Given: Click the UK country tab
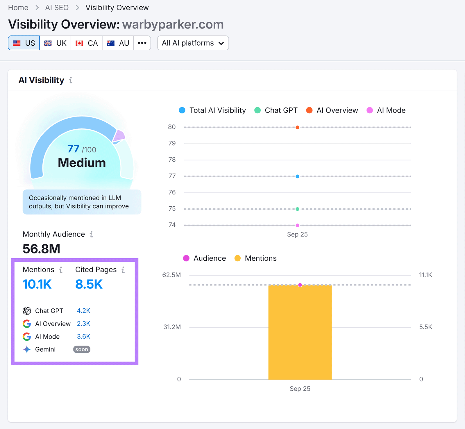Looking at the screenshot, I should pyautogui.click(x=55, y=43).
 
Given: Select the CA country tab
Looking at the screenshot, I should pyautogui.click(x=87, y=43).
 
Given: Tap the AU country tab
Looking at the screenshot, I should pyautogui.click(x=118, y=43).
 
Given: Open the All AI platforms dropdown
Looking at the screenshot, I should pyautogui.click(x=193, y=43).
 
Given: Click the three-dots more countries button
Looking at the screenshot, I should pyautogui.click(x=142, y=43).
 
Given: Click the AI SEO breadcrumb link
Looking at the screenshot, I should pyautogui.click(x=57, y=8).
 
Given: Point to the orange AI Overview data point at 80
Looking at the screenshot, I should pyautogui.click(x=297, y=127).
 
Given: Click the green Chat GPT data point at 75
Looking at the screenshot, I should pyautogui.click(x=297, y=209).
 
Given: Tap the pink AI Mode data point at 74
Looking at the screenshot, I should pyautogui.click(x=297, y=225).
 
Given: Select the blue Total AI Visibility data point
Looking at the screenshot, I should pyautogui.click(x=297, y=176).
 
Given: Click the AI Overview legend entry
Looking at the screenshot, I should pyautogui.click(x=332, y=110).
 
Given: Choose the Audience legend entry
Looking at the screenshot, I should pyautogui.click(x=205, y=258).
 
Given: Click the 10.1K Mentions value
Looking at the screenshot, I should pyautogui.click(x=37, y=284).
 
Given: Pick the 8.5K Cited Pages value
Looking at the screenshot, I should pyautogui.click(x=89, y=284).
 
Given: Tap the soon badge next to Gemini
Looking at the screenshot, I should pyautogui.click(x=82, y=349).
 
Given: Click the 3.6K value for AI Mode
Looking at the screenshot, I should pyautogui.click(x=83, y=337).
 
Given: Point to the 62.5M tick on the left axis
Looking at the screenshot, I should pyautogui.click(x=171, y=275).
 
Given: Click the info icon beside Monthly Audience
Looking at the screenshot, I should pyautogui.click(x=91, y=234).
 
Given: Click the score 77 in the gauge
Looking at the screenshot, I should pyautogui.click(x=73, y=149).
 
